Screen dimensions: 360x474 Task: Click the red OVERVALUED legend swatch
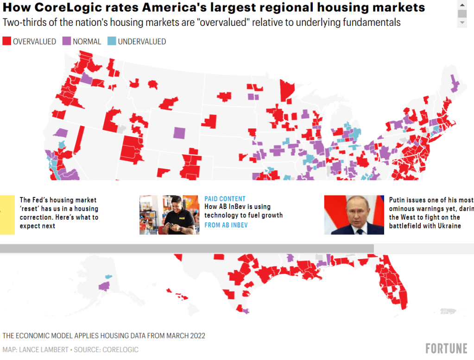click(6, 41)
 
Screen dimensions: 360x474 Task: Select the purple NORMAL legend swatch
click(66, 41)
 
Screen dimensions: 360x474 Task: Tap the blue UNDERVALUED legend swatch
click(111, 41)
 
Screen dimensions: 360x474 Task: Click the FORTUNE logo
click(446, 348)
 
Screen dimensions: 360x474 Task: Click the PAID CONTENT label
click(225, 199)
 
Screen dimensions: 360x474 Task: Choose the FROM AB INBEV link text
click(226, 225)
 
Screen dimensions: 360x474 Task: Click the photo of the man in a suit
click(354, 215)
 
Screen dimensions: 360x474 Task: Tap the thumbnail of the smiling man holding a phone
click(169, 215)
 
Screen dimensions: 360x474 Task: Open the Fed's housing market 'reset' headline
click(59, 213)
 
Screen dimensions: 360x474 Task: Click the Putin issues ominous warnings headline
click(431, 213)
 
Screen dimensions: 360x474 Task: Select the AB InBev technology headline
click(244, 211)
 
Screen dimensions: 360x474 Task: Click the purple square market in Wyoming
click(179, 133)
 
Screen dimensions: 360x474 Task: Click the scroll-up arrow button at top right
click(462, 4)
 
